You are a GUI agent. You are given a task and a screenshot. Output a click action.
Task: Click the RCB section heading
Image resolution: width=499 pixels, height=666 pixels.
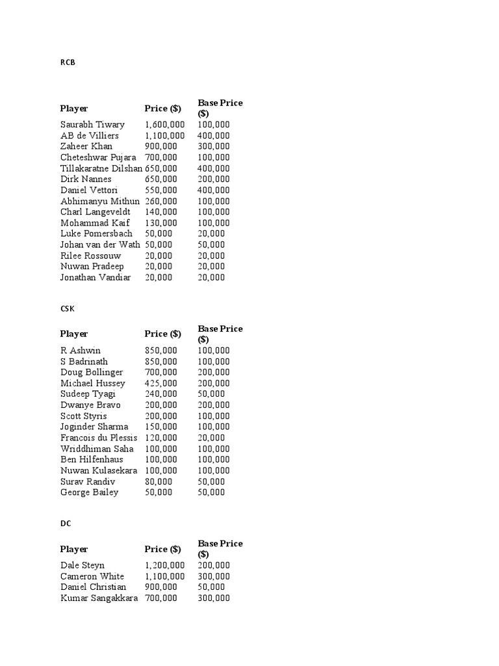click(67, 63)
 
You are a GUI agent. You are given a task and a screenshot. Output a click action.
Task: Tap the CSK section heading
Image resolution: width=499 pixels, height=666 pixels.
click(67, 309)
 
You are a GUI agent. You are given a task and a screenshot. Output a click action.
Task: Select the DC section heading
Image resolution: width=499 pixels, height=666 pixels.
click(66, 524)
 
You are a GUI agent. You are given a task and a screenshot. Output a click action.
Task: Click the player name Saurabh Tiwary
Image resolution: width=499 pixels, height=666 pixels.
click(92, 125)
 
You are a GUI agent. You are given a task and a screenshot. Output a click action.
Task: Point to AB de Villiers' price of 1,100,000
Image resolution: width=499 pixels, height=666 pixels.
click(164, 136)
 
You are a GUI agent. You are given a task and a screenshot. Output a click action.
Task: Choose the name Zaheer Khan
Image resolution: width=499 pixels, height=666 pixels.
click(86, 146)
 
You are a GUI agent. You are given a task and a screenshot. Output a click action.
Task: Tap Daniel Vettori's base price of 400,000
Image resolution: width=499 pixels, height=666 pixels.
click(213, 190)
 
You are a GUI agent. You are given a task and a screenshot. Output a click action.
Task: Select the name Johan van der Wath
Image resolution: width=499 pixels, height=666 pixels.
click(100, 245)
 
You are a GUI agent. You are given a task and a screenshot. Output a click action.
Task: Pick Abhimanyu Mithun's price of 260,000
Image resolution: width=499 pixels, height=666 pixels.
click(160, 201)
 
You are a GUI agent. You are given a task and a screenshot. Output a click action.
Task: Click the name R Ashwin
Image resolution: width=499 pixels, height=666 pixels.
click(81, 351)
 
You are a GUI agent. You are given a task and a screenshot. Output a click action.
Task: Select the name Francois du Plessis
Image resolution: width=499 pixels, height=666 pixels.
click(99, 438)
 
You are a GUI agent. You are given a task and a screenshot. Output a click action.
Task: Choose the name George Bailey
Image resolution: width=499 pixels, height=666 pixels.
click(90, 492)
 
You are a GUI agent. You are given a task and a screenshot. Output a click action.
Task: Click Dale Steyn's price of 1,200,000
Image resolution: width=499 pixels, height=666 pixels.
click(164, 565)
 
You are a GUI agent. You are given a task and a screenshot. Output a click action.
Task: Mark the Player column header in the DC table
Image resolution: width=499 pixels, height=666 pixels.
click(74, 549)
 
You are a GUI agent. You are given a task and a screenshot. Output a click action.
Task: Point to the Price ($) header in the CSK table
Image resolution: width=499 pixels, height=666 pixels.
click(163, 334)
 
